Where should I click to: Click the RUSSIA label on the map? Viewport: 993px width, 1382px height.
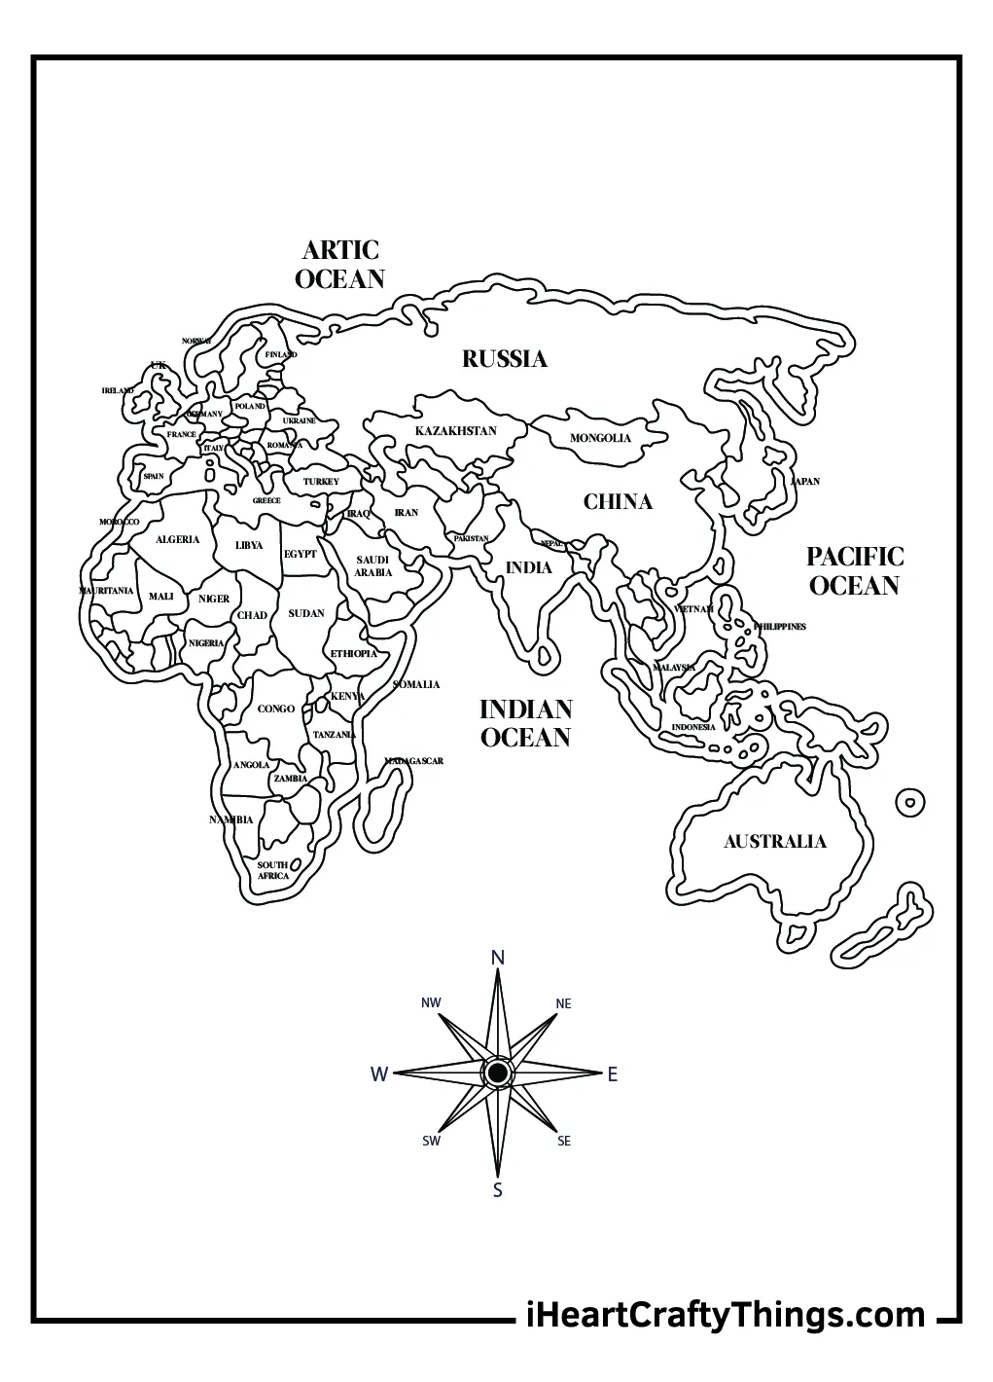click(x=504, y=359)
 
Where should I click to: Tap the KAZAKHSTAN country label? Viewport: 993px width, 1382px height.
click(x=455, y=431)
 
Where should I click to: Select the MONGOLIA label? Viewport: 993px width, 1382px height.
click(x=600, y=438)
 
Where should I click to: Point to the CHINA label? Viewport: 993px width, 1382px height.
click(x=618, y=502)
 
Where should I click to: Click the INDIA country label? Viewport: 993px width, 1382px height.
click(x=528, y=567)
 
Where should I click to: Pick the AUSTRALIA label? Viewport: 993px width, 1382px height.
click(x=774, y=842)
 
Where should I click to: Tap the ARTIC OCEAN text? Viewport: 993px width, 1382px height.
click(x=339, y=265)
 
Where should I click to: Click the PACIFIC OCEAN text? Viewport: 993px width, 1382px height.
click(x=854, y=571)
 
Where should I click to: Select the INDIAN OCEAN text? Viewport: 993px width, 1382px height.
click(x=525, y=723)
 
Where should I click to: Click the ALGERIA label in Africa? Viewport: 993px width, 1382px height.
click(x=177, y=540)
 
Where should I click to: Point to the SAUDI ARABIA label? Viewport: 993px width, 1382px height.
click(x=372, y=566)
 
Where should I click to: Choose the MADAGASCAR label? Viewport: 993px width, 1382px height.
click(x=413, y=761)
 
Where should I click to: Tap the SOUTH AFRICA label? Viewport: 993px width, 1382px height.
click(x=273, y=870)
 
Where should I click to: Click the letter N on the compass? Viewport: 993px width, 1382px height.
click(x=498, y=959)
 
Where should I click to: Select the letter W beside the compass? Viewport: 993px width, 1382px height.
click(x=379, y=1074)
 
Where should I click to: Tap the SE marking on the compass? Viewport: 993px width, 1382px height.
click(x=564, y=1142)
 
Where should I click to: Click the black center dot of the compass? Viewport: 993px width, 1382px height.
click(x=497, y=1073)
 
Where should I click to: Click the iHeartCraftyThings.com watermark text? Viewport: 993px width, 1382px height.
click(x=725, y=1315)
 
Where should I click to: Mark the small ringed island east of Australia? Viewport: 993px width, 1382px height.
click(x=909, y=803)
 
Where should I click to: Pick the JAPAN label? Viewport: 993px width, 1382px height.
click(x=804, y=482)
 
